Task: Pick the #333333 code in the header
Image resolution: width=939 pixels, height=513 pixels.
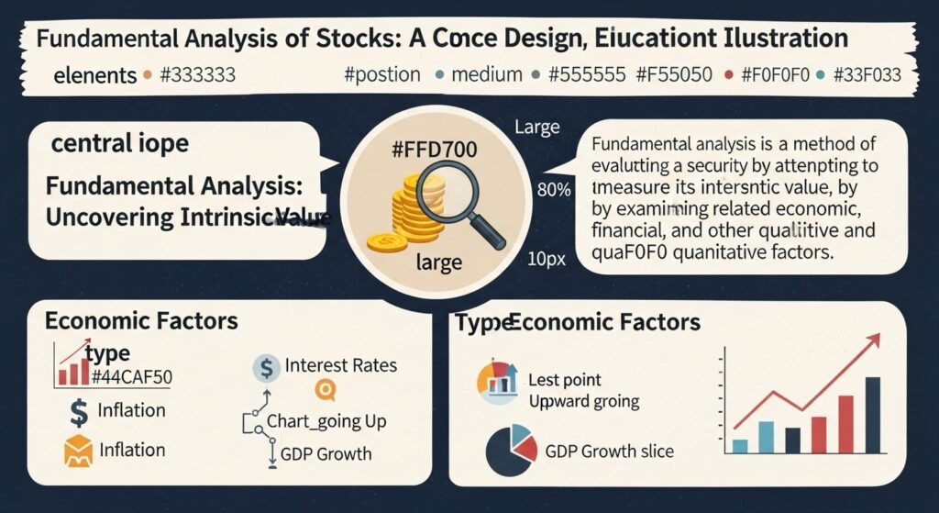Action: point(197,73)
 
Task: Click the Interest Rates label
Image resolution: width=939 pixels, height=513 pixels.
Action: point(341,365)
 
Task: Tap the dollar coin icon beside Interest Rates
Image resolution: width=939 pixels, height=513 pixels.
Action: point(265,368)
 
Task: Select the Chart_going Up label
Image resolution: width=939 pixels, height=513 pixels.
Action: point(326,422)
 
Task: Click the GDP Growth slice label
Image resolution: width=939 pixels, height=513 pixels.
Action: point(609,451)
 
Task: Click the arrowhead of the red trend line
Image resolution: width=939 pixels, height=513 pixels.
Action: point(872,340)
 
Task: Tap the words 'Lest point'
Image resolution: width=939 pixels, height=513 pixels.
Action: point(565,379)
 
